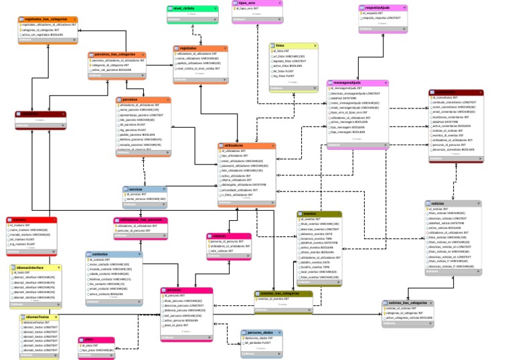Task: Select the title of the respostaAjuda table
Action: point(382,8)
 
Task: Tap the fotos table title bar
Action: point(293,46)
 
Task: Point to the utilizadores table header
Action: point(245,146)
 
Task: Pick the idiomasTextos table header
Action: point(41,317)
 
